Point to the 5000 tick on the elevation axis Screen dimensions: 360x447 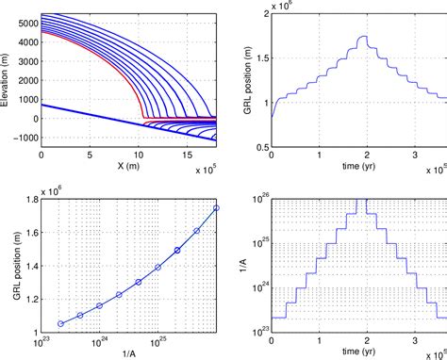pyautogui.click(x=25, y=21)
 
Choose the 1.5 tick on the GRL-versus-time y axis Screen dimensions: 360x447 pyautogui.click(x=260, y=57)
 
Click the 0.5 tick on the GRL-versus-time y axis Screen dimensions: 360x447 pyautogui.click(x=260, y=146)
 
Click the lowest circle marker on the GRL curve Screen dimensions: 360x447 pyautogui.click(x=61, y=323)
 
